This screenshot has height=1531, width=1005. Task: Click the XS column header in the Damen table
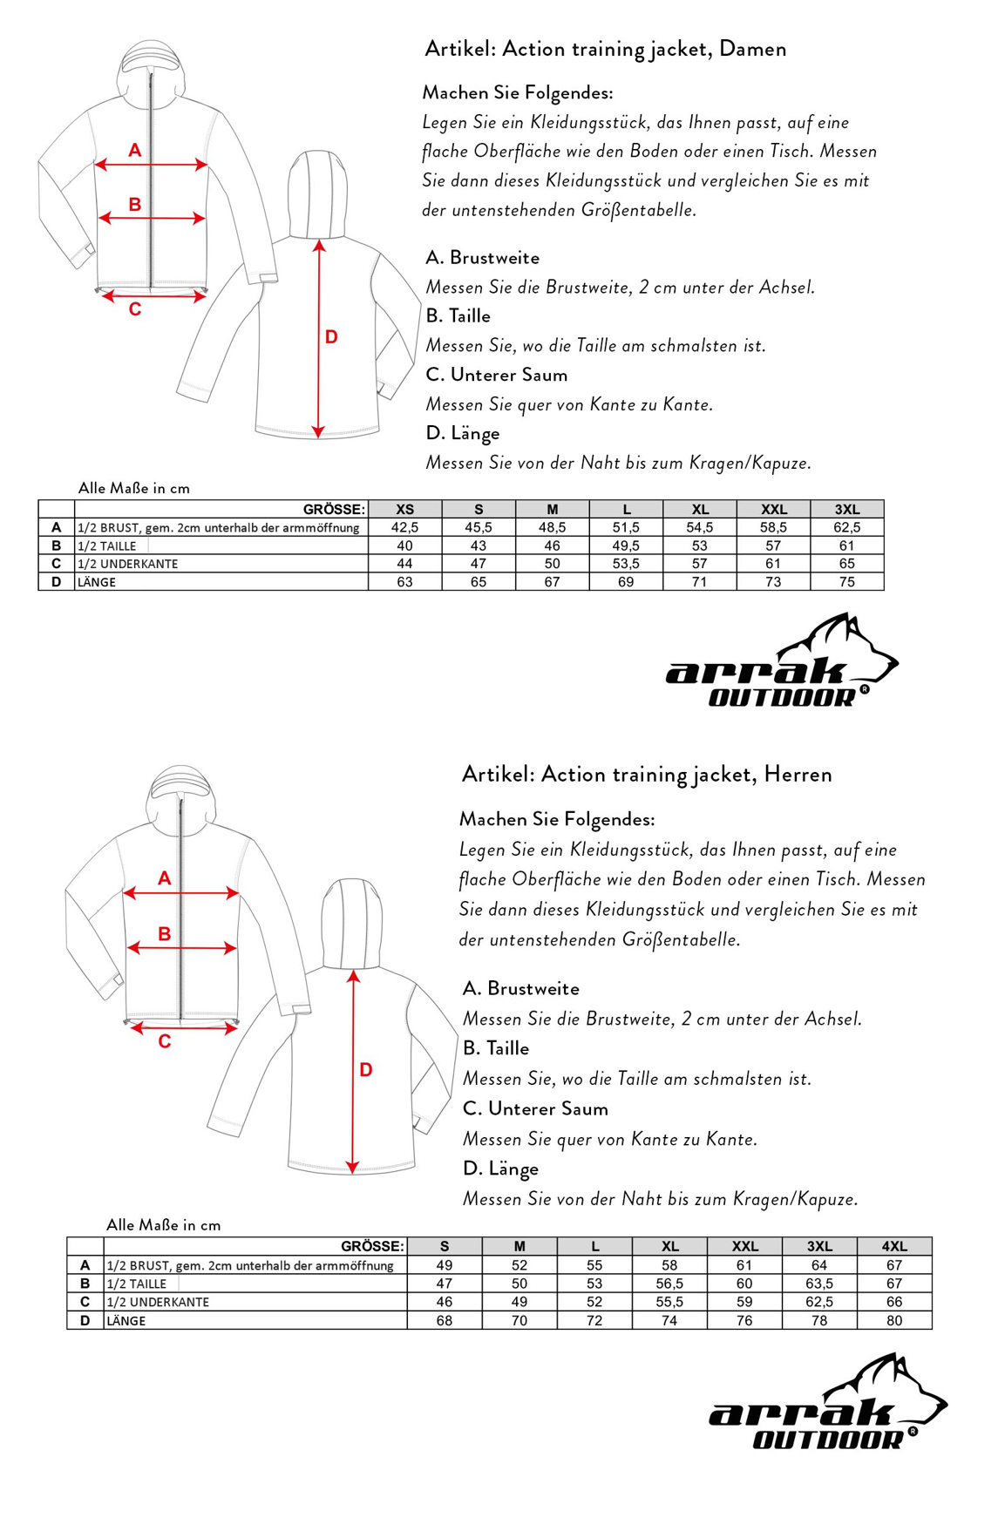(404, 509)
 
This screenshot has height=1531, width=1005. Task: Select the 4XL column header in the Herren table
(894, 1246)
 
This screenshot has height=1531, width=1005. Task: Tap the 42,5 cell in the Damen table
(404, 527)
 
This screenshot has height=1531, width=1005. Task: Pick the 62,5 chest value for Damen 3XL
(846, 527)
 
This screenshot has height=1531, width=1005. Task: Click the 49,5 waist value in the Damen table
(626, 545)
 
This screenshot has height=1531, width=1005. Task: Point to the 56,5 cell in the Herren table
(669, 1284)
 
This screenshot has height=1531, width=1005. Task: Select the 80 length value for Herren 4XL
(894, 1320)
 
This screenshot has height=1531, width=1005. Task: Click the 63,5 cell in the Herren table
(819, 1284)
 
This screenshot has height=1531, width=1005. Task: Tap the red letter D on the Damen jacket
(331, 337)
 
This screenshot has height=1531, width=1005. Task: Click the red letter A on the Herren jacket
(164, 878)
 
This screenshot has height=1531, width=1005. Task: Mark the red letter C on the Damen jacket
(135, 309)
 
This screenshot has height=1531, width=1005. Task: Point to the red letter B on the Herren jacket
(164, 934)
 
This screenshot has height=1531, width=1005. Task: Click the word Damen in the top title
(753, 49)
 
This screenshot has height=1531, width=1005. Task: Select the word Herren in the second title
(798, 774)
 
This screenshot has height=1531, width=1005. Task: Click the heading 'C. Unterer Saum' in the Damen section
(496, 375)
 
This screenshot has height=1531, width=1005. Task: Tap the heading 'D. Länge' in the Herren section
(500, 1169)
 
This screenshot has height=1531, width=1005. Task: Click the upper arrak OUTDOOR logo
(781, 662)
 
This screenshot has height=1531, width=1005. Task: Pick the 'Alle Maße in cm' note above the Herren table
(163, 1224)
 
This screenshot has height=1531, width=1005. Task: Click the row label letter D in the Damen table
(57, 582)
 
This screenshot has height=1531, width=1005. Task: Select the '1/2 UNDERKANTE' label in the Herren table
(158, 1302)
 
